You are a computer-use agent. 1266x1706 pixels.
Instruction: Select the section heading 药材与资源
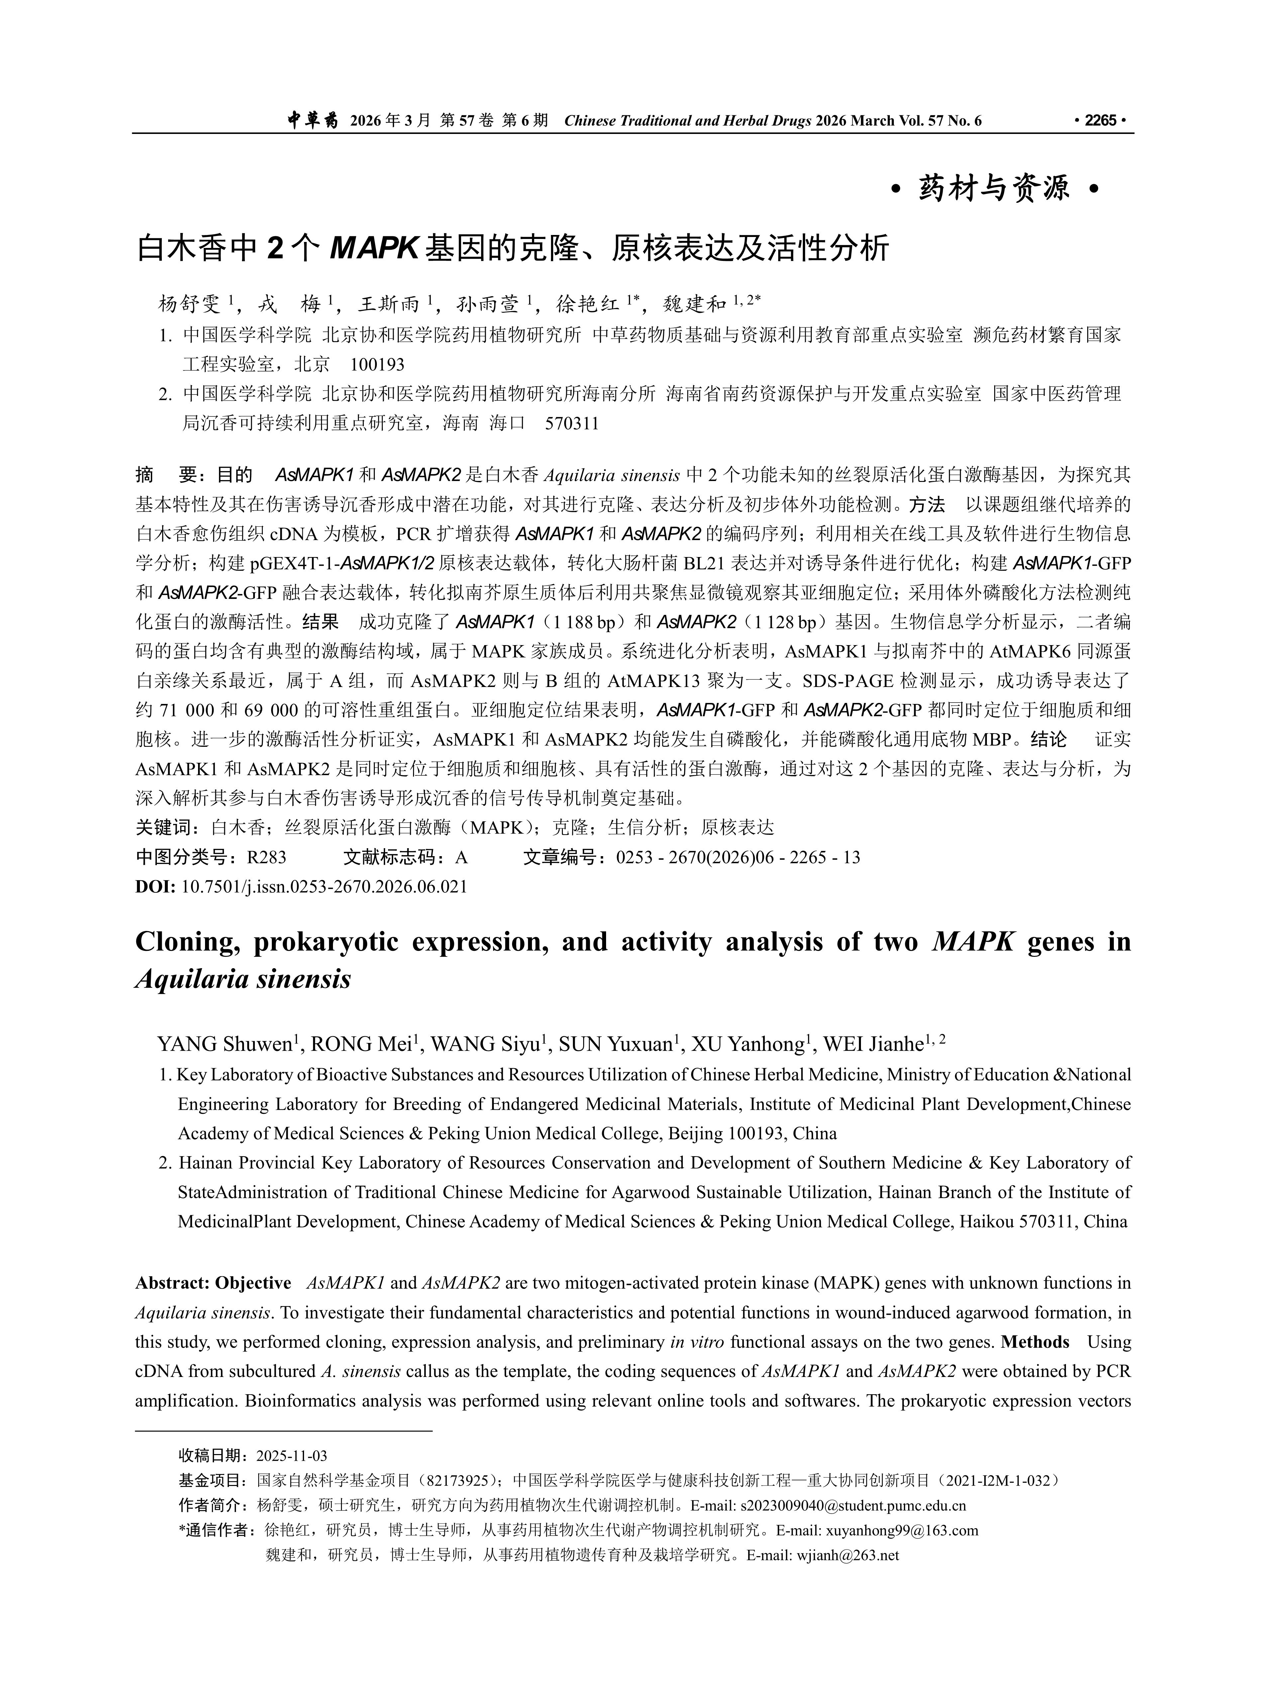pos(994,188)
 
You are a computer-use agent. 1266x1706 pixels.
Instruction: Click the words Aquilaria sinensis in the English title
pos(243,979)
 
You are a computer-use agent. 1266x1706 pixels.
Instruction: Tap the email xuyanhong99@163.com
pos(901,1531)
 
